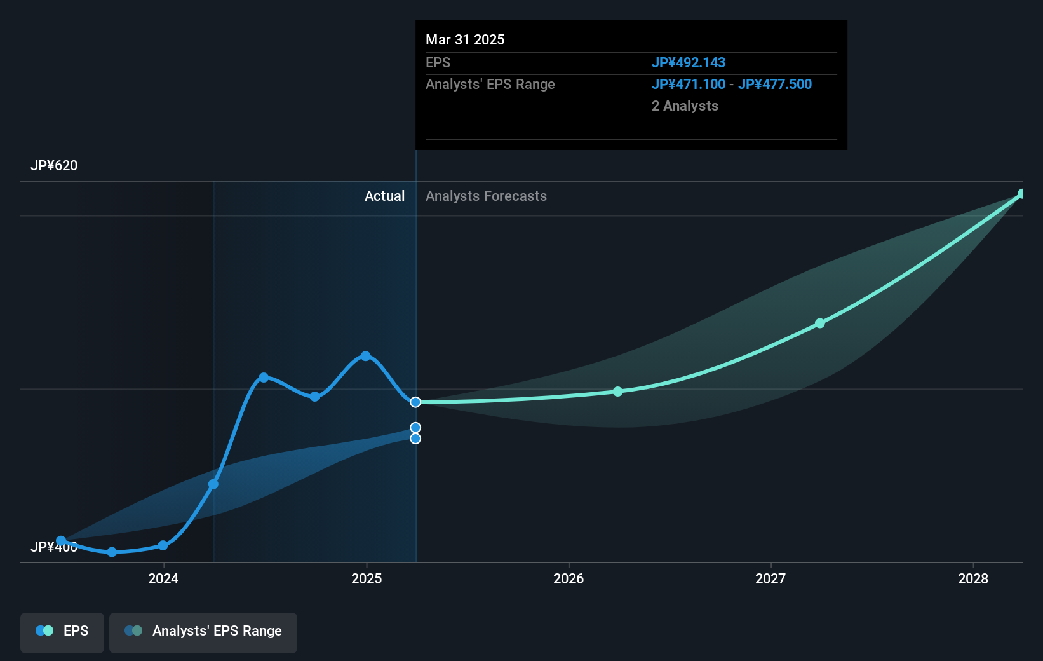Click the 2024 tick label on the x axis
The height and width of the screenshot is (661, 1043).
coord(163,578)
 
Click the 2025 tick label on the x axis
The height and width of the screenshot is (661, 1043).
coord(367,578)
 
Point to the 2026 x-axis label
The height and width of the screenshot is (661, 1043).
coord(569,578)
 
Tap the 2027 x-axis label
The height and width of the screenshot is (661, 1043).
coord(770,578)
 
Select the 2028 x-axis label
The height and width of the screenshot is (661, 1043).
coord(973,578)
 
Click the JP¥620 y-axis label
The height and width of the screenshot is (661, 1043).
coord(54,166)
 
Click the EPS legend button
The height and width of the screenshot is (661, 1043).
coord(62,631)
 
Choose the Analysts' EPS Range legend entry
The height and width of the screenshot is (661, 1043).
coord(203,631)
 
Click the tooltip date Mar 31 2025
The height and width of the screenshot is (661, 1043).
coord(465,39)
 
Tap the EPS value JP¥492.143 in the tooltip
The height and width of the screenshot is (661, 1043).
coord(688,62)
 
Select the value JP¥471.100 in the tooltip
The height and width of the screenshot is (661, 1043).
coord(688,84)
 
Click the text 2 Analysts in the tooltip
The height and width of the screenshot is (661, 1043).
coord(685,106)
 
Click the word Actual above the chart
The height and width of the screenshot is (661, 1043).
coord(384,196)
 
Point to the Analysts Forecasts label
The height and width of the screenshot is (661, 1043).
coord(486,196)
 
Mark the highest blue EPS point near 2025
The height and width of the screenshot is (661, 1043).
coord(365,356)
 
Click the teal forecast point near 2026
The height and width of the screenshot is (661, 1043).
coord(617,392)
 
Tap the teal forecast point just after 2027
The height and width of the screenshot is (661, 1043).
coord(819,324)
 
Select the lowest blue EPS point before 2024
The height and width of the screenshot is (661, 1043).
coord(112,552)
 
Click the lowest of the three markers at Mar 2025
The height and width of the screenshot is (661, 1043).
coord(415,439)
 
